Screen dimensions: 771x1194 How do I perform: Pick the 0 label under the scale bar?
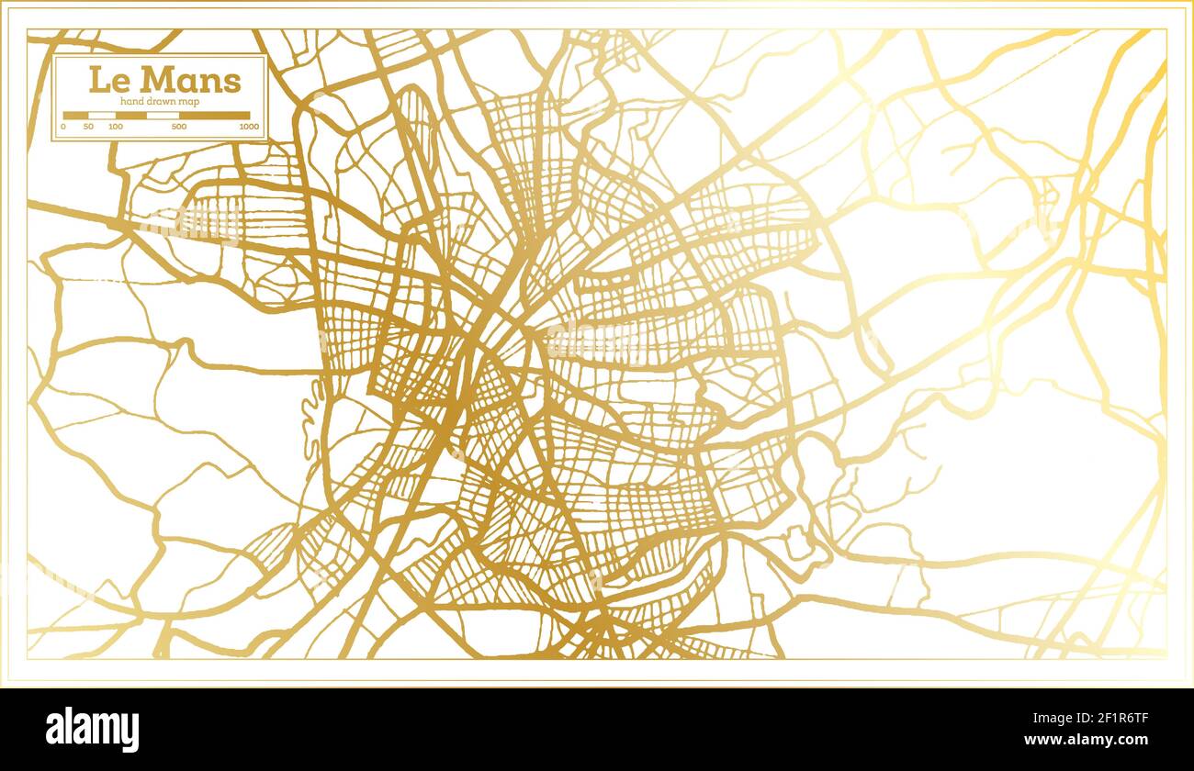[x=63, y=127]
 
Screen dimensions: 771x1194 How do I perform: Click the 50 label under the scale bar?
[x=88, y=127]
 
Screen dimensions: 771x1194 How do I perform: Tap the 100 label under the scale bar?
[x=116, y=127]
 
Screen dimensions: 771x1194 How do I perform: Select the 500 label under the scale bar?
[x=179, y=127]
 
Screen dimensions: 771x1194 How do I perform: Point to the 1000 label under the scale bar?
[x=248, y=127]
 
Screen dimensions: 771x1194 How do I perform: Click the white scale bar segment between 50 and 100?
[x=102, y=116]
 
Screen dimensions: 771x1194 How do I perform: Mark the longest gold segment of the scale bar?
[x=215, y=116]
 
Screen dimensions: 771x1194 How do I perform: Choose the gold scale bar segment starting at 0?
[x=75, y=116]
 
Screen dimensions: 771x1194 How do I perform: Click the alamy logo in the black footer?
[x=93, y=730]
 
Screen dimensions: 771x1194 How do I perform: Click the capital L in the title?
[x=96, y=80]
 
